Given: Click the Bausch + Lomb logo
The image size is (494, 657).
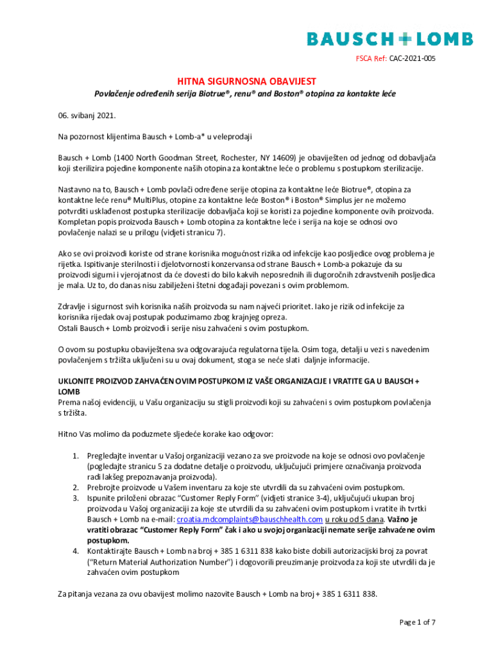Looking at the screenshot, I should tap(389, 39).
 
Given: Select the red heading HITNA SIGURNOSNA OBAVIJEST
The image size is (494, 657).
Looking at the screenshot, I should tap(246, 81).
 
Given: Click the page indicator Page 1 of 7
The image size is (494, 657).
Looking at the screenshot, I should tap(418, 622).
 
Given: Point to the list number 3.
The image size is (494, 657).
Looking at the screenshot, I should tap(75, 499).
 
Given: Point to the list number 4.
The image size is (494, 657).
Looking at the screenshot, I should tap(75, 551).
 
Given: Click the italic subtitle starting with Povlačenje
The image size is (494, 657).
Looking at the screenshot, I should tap(246, 94).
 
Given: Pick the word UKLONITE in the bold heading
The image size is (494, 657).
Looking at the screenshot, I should tap(77, 380).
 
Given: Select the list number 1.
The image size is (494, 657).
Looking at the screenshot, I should tap(75, 456).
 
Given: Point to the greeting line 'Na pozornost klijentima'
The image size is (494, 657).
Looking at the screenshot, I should tap(96, 137).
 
